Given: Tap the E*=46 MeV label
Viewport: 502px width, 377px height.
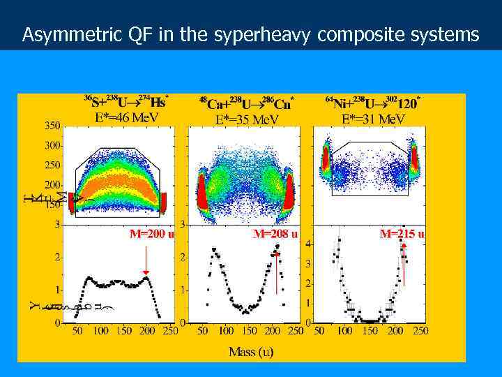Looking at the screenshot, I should pyautogui.click(x=126, y=117).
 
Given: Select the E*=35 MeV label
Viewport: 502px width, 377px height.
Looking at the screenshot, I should pyautogui.click(x=247, y=119).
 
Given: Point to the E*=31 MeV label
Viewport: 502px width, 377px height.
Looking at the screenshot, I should pyautogui.click(x=372, y=119).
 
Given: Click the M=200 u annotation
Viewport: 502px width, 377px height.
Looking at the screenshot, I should pyautogui.click(x=151, y=234).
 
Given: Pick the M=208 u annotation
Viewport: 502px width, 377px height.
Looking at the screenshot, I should pyautogui.click(x=275, y=234).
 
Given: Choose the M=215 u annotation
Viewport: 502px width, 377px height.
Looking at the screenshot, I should pyautogui.click(x=402, y=234).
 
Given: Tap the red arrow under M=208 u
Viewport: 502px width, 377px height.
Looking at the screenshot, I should pyautogui.click(x=277, y=272).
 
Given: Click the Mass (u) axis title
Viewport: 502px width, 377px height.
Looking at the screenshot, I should pyautogui.click(x=251, y=352).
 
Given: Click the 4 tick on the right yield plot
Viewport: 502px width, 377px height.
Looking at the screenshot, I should pyautogui.click(x=308, y=243).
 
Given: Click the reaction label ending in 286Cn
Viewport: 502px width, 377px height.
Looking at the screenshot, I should pyautogui.click(x=247, y=103).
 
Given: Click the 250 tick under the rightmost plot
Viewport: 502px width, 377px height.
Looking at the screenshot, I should pyautogui.click(x=420, y=330).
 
